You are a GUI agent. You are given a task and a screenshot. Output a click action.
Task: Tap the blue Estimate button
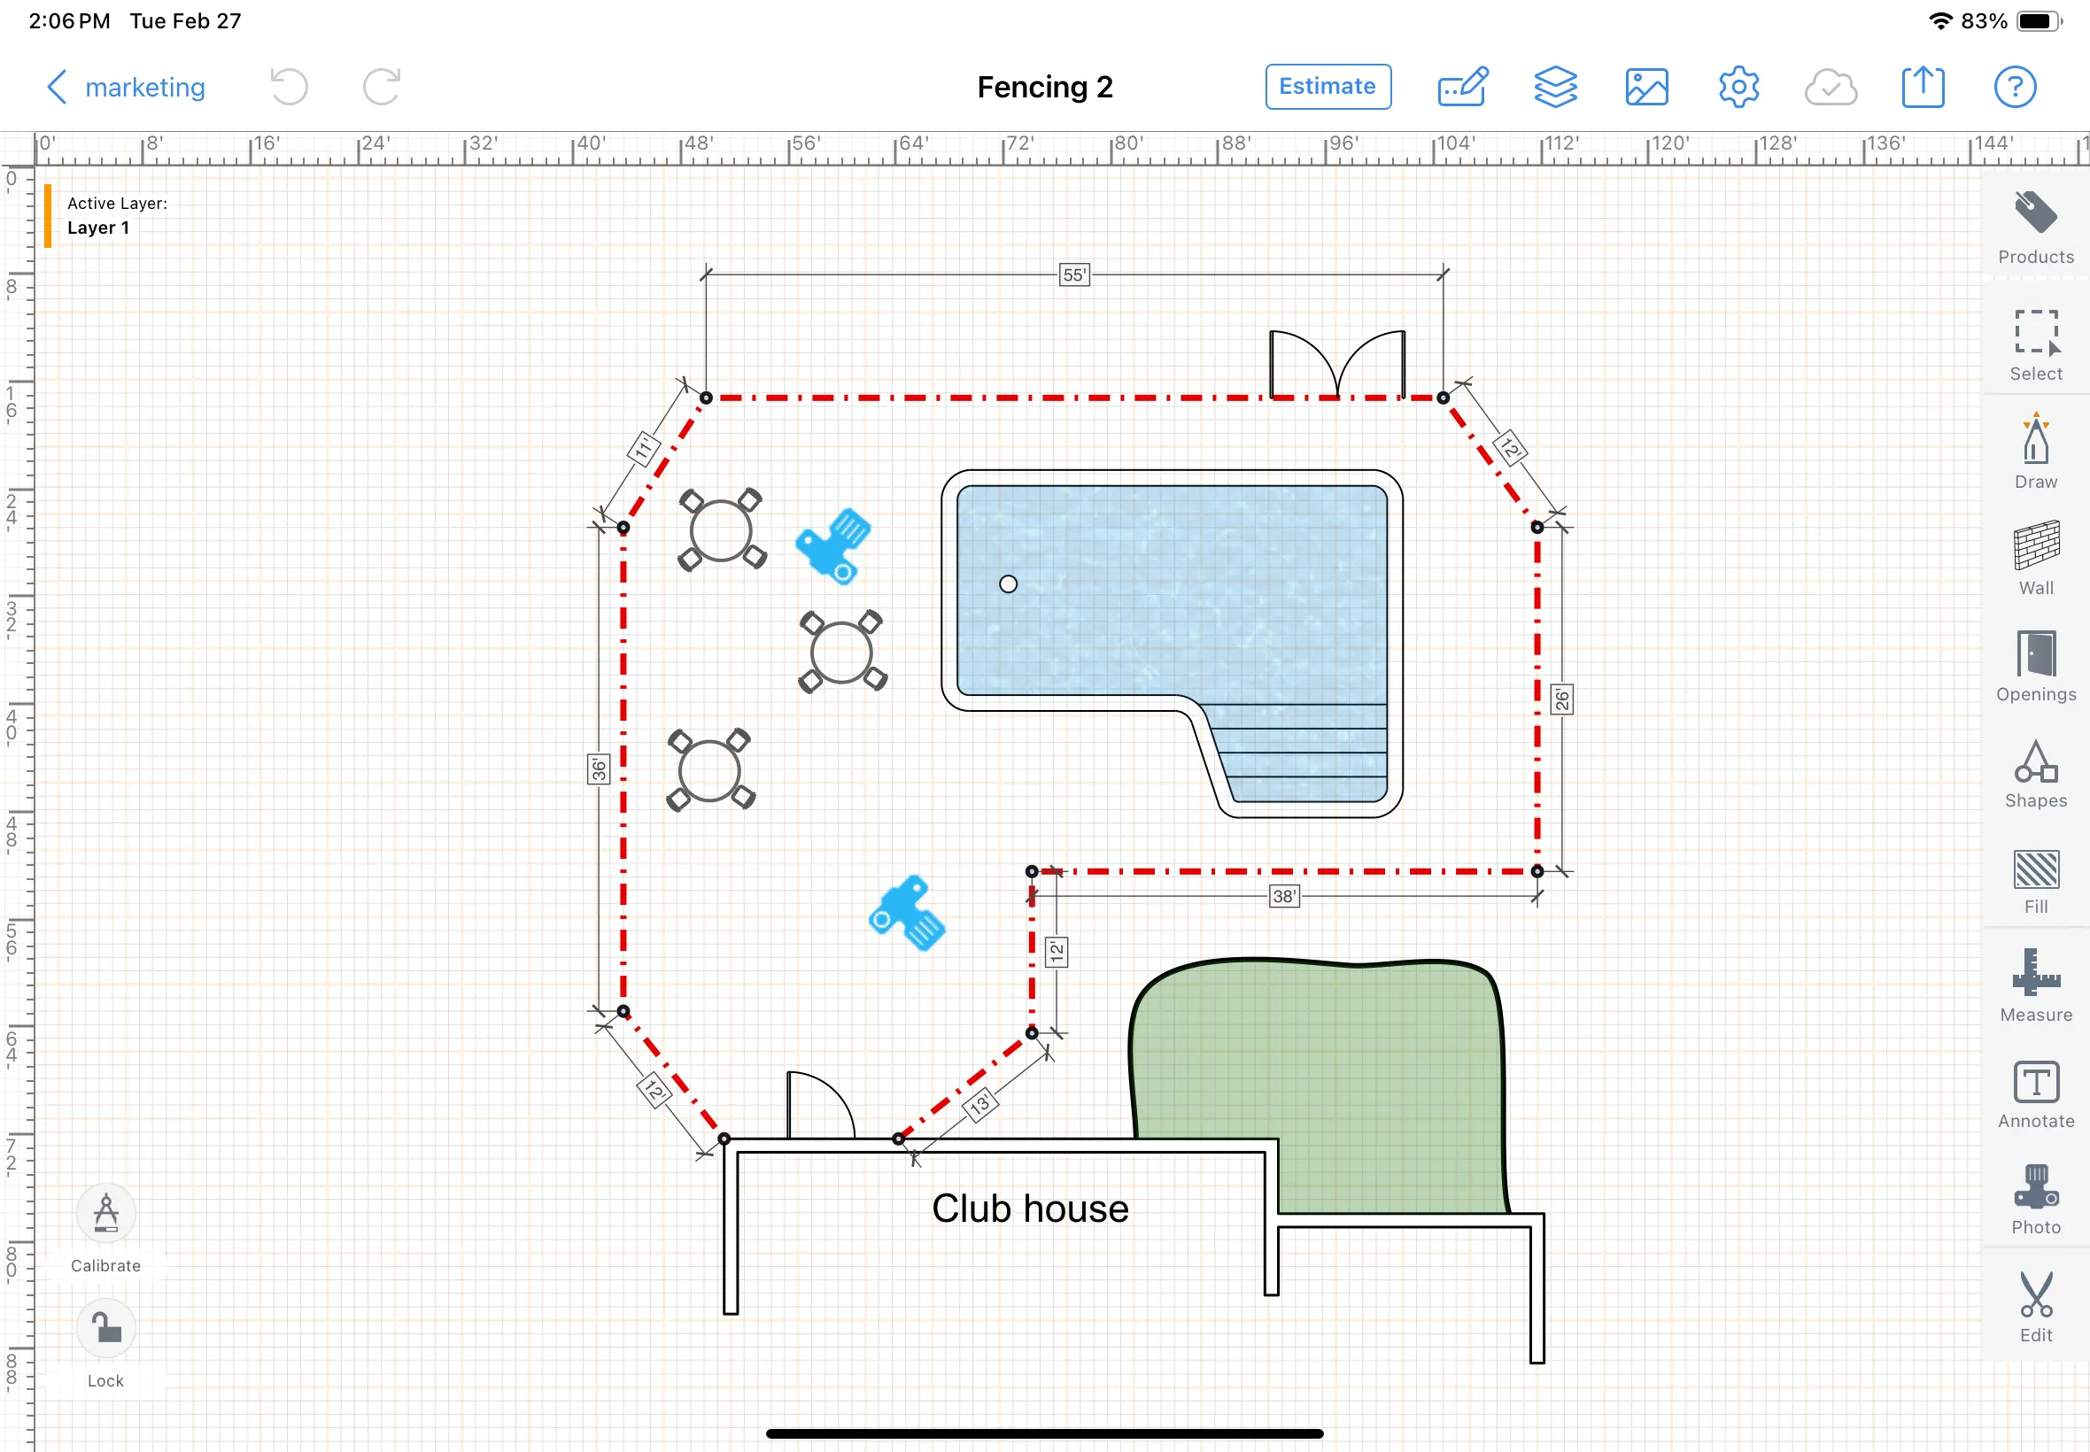[1327, 87]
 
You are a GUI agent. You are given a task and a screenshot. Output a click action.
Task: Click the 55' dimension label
[1073, 274]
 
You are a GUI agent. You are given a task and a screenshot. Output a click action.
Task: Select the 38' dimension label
[1283, 896]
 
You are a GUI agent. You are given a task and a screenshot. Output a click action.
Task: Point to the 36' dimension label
[598, 769]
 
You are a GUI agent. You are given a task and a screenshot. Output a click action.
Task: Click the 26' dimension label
[1561, 699]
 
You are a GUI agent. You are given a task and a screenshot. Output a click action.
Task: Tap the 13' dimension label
[979, 1105]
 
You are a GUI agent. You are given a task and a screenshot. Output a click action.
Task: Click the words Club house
[1029, 1209]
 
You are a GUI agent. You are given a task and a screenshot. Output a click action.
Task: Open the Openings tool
[2035, 664]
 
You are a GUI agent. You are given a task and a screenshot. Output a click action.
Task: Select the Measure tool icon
[2035, 983]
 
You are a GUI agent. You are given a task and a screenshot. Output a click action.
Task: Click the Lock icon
[105, 1329]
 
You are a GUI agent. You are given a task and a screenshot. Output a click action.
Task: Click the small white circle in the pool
[1007, 584]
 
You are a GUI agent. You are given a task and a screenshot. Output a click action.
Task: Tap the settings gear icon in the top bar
[1738, 88]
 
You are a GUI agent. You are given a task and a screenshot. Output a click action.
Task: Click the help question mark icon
[2015, 88]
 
